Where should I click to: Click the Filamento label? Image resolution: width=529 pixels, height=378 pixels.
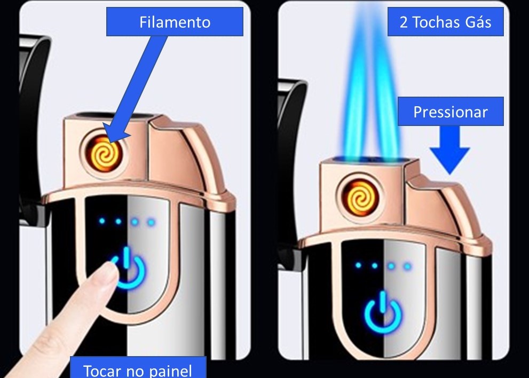pyautogui.click(x=175, y=22)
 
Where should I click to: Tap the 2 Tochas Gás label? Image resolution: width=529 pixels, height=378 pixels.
pyautogui.click(x=445, y=22)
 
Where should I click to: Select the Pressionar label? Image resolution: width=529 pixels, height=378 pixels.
pyautogui.click(x=451, y=112)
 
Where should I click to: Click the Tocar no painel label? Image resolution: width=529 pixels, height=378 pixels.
pyautogui.click(x=138, y=368)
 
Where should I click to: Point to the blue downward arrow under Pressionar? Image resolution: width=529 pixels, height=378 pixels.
pyautogui.click(x=449, y=150)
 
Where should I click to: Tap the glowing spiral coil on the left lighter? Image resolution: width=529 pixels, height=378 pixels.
pyautogui.click(x=105, y=154)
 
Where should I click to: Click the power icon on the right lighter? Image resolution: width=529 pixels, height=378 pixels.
pyautogui.click(x=383, y=313)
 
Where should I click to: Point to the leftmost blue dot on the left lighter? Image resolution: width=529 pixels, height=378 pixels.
pyautogui.click(x=102, y=222)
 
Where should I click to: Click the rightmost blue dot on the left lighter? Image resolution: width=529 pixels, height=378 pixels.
pyautogui.click(x=152, y=222)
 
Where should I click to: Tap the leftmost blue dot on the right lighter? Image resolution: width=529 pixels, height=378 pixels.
pyautogui.click(x=358, y=265)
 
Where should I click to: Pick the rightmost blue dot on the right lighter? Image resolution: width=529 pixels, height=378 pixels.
pyautogui.click(x=407, y=266)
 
